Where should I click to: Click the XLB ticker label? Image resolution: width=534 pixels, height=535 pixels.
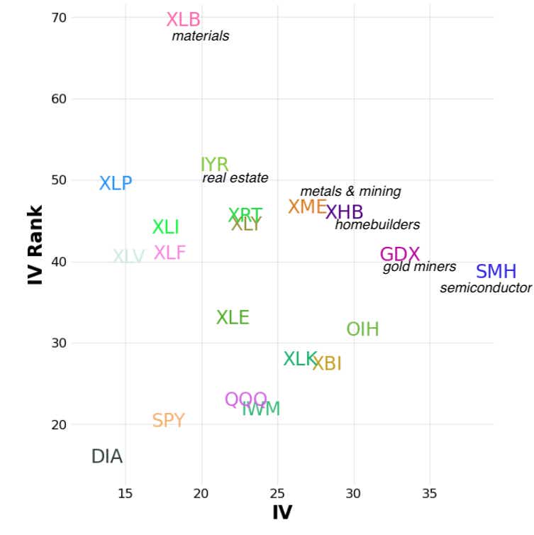(183, 20)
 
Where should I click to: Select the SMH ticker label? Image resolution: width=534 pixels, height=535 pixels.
(496, 272)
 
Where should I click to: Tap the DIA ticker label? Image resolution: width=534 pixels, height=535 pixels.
(107, 457)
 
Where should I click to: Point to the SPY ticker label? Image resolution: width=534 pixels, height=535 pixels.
(168, 421)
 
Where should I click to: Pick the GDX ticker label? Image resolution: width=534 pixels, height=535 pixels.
(400, 254)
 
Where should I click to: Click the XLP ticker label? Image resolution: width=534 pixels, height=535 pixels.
(116, 183)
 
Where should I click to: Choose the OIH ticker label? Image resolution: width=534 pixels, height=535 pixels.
(362, 329)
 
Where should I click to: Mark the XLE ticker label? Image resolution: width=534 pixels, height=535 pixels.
(233, 318)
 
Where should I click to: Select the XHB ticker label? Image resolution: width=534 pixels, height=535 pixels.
(344, 212)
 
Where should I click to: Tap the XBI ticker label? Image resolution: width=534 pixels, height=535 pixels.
(327, 364)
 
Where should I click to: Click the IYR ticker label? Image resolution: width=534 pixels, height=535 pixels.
(214, 165)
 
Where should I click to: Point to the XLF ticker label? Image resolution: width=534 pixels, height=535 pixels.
(169, 253)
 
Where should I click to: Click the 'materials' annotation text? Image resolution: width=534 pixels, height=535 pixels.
(201, 35)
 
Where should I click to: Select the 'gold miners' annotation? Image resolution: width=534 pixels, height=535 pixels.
(419, 267)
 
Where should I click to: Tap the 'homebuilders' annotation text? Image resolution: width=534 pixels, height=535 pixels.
(377, 225)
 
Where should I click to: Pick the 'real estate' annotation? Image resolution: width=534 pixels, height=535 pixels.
(235, 178)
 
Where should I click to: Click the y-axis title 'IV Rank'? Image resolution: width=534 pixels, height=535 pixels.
(35, 245)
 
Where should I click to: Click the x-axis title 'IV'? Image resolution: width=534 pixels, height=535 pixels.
(282, 512)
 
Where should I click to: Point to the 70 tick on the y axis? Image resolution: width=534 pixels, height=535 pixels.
(58, 17)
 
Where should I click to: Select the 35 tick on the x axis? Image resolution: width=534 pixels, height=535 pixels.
(429, 493)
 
